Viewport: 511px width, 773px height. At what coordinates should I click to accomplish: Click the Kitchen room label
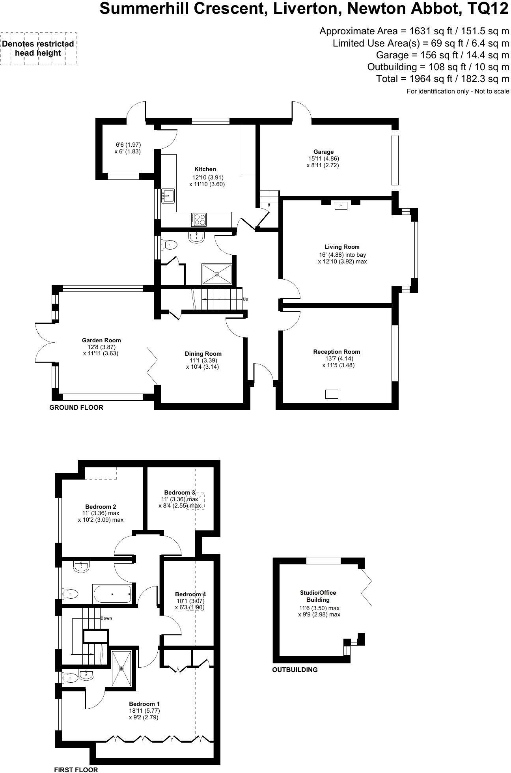[x=205, y=169]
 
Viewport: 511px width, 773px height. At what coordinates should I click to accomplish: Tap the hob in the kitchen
[x=199, y=219]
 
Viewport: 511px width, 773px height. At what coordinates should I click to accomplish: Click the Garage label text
[x=323, y=152]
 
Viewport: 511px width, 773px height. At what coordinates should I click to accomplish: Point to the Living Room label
[x=342, y=247]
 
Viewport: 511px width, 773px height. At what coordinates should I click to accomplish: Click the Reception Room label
[x=336, y=352]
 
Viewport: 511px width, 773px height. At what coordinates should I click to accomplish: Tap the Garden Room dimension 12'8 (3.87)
[x=101, y=347]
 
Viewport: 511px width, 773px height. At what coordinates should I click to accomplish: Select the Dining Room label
[x=203, y=354]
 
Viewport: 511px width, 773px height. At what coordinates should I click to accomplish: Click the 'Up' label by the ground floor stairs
[x=245, y=299]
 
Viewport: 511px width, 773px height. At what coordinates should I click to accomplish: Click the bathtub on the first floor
[x=112, y=594]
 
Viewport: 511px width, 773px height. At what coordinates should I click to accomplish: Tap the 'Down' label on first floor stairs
[x=106, y=618]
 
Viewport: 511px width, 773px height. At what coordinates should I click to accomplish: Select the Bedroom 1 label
[x=144, y=704]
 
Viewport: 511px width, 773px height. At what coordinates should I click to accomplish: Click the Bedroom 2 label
[x=101, y=507]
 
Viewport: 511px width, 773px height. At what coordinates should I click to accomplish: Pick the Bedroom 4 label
[x=190, y=594]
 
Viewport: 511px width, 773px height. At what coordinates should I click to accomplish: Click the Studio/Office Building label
[x=318, y=596]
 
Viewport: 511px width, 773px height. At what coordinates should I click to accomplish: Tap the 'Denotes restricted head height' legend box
[x=38, y=49]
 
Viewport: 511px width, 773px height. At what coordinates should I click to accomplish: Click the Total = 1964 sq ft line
[x=442, y=79]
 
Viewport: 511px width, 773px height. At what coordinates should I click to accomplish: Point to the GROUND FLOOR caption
[x=76, y=407]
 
